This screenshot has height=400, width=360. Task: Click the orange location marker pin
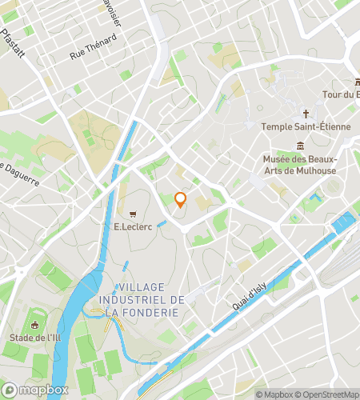coord(180,200)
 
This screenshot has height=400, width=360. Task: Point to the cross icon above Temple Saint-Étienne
coord(306,114)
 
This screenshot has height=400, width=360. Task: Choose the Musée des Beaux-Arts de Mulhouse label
coord(301,164)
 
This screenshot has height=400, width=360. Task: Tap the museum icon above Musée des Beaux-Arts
coord(300,146)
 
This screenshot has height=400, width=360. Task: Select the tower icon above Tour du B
coord(356,82)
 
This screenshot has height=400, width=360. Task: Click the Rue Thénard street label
coord(88,54)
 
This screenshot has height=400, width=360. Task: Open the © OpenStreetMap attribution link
coord(327,394)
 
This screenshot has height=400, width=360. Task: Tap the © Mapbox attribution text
coord(274,394)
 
